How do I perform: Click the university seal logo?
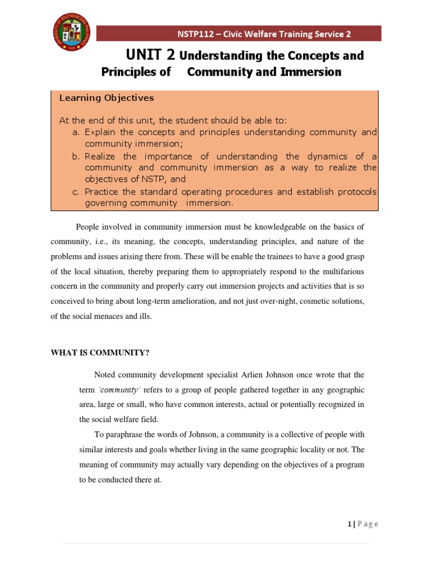pos(72,31)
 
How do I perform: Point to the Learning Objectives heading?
pos(106,98)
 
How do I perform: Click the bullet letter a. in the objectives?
pos(76,132)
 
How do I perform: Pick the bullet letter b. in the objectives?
pos(76,156)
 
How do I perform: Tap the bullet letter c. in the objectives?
pos(76,192)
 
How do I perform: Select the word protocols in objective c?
pos(355,192)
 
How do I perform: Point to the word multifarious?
pos(342,272)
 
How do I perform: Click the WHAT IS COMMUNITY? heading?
pos(100,353)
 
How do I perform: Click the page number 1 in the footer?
pos(349,524)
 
